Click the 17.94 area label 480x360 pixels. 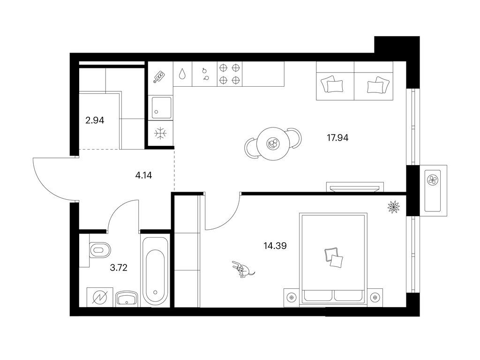337,138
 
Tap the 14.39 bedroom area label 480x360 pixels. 275,246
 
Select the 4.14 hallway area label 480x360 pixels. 143,175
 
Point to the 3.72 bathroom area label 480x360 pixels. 119,268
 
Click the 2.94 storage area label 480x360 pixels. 95,120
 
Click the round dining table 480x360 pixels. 273,143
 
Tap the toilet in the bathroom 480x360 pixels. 100,250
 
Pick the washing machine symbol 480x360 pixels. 100,297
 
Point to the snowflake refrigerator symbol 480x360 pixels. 160,134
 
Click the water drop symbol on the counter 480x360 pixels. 182,74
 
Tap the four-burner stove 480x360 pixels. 229,74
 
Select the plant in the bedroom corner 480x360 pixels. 394,207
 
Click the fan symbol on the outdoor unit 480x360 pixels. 433,180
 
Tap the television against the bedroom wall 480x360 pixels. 355,187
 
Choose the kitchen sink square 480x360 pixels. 161,107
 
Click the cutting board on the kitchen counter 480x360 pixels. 159,77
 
